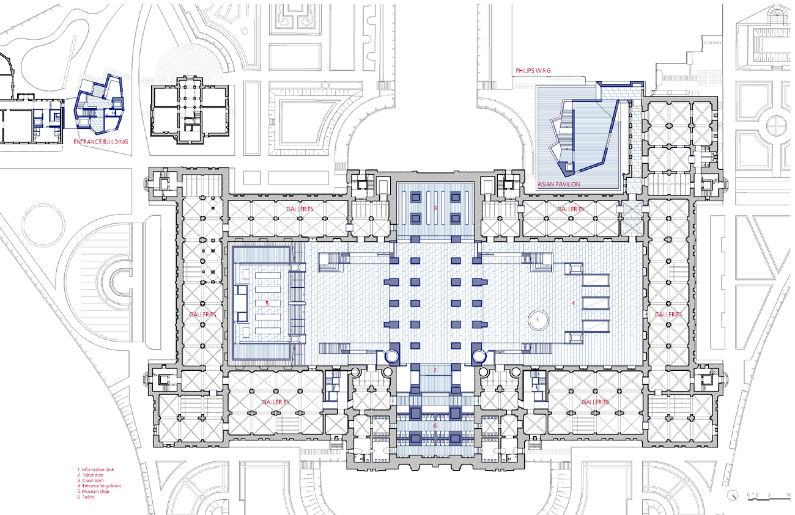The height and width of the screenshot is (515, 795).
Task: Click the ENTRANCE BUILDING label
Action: coord(101,142)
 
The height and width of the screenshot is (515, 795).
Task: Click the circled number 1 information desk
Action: coord(538,320)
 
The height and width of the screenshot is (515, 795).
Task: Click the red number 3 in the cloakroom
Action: coord(435,209)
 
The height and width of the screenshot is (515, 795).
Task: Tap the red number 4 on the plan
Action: coord(573,302)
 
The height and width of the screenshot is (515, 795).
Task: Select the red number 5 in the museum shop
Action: coord(267,302)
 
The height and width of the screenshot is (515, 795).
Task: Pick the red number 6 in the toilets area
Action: coord(435,425)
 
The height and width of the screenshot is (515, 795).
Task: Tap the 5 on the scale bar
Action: coord(769,494)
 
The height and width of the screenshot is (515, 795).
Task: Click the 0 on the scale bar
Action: coord(747,494)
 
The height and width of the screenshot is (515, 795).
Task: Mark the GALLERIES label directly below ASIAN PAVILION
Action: coord(571,210)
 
